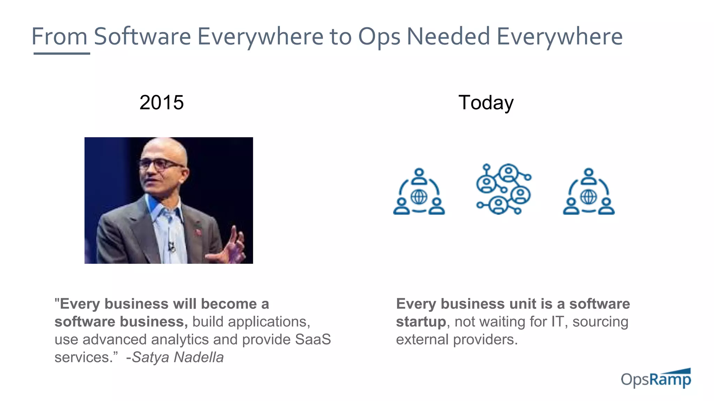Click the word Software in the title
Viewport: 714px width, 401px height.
142,37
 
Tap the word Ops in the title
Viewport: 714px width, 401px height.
379,37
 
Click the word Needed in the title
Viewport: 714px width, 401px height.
448,37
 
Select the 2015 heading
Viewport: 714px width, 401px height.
161,103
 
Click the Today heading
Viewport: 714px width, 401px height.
486,103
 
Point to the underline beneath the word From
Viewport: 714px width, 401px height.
62,53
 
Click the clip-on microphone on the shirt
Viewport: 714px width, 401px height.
172,246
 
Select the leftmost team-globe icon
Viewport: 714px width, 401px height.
419,192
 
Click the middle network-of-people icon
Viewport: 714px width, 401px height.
503,189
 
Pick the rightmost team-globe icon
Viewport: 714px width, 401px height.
588,192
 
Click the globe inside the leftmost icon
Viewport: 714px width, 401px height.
419,197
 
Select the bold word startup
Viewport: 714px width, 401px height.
421,322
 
